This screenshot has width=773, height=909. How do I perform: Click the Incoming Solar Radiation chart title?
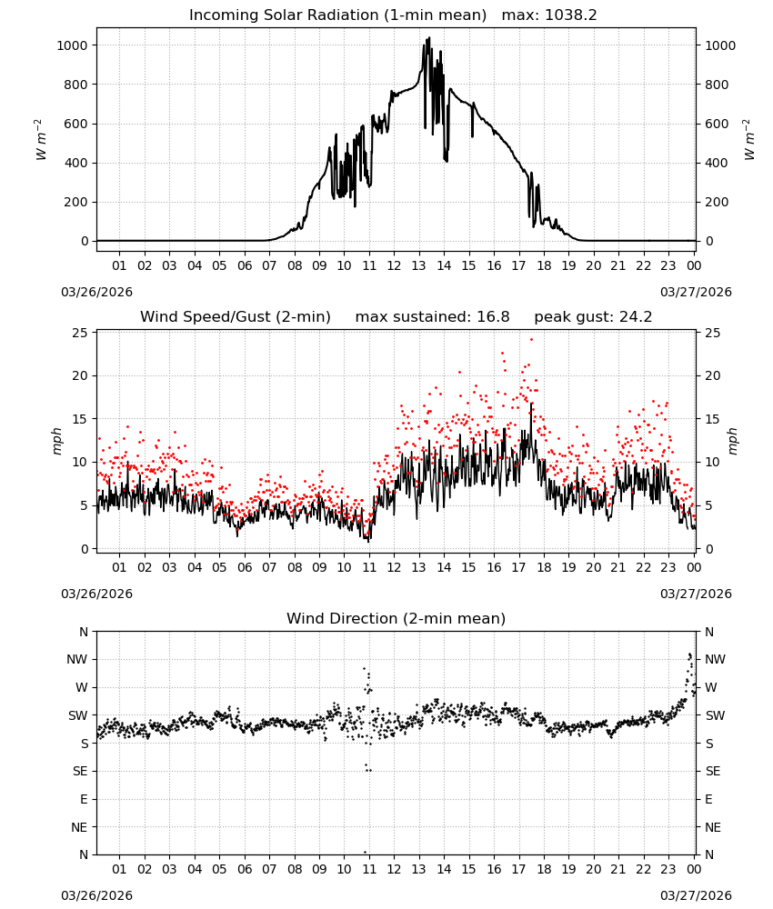pos(337,15)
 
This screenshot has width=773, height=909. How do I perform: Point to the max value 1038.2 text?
pos(571,15)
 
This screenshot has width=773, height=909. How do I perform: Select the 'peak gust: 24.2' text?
pos(593,317)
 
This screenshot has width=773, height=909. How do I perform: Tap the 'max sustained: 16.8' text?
pos(433,317)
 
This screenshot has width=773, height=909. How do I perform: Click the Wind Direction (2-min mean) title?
pos(397,618)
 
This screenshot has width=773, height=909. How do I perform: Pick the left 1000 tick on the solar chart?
pos(73,45)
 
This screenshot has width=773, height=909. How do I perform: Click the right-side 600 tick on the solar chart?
pos(717,124)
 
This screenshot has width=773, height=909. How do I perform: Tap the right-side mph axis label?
pos(732,441)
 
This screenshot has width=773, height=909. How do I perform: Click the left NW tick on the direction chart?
pos(77,659)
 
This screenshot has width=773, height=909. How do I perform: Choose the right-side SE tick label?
pos(713,771)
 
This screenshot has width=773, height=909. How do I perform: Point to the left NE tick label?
pos(79,827)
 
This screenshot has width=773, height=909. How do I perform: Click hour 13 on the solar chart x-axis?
pos(418,266)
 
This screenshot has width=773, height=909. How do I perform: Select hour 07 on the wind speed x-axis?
pos(269,567)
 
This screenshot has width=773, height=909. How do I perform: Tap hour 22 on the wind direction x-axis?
pos(643,869)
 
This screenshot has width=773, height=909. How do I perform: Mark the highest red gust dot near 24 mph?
pos(531,340)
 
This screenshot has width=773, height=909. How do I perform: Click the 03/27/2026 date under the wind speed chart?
pos(696,594)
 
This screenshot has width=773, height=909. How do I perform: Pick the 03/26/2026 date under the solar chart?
pos(96,292)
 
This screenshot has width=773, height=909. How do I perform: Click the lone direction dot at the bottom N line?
pos(366,853)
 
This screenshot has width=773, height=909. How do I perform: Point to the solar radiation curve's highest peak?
pos(429,37)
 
